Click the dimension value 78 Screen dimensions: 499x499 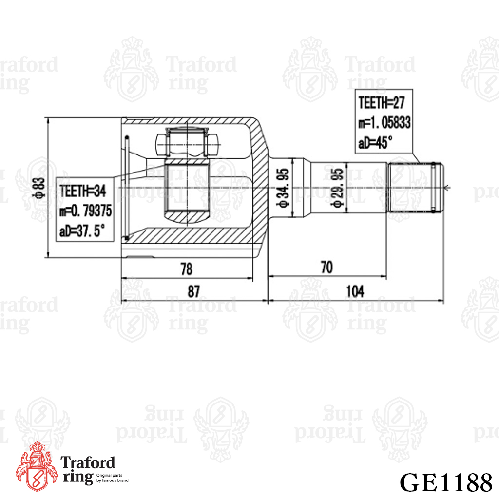tap(187, 269)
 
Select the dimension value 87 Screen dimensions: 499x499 tap(193, 291)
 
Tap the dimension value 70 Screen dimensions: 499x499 tap(326, 268)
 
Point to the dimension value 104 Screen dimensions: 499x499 tap(355, 291)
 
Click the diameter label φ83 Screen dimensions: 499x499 tap(40, 188)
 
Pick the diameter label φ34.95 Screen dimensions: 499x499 tap(283, 188)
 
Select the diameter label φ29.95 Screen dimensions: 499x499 tap(338, 188)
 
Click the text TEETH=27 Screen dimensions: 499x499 tap(381, 103)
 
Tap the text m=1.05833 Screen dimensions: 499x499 tap(384, 122)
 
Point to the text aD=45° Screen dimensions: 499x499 tap(375, 143)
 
